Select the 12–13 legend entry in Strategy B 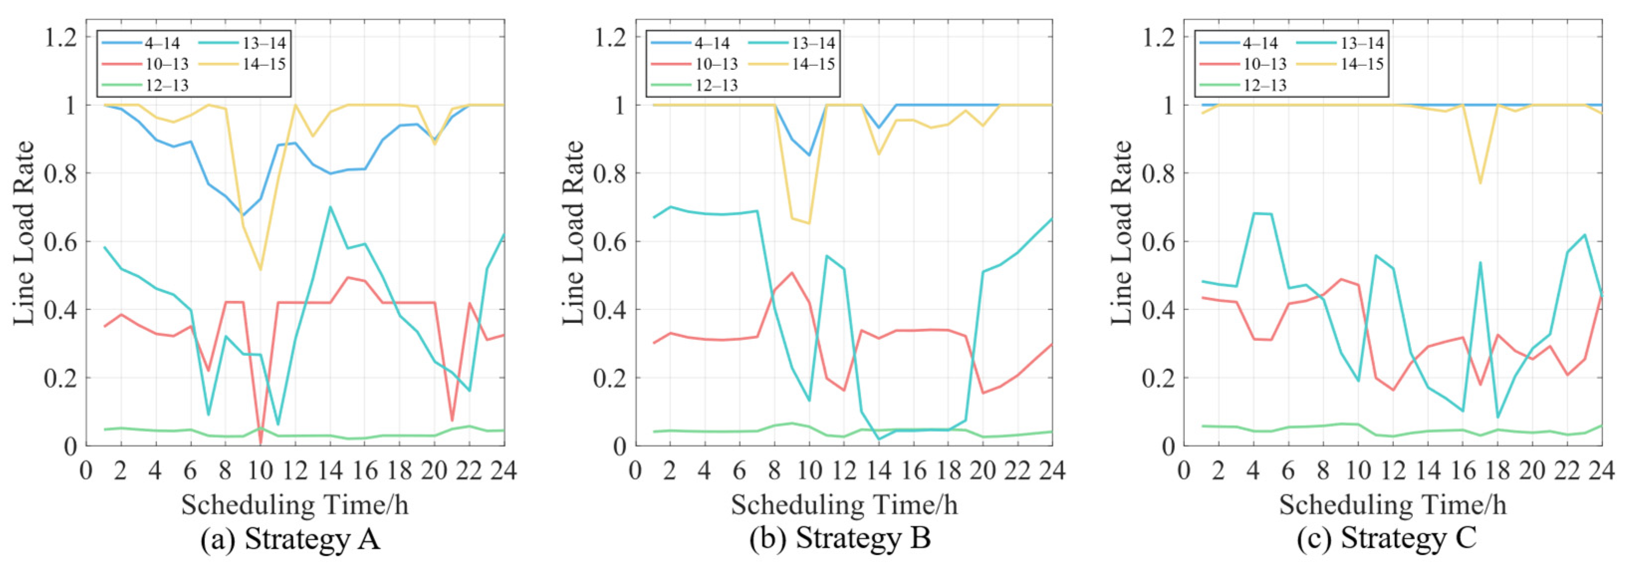click(716, 85)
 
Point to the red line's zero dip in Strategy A click(260, 444)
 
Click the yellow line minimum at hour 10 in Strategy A click(260, 270)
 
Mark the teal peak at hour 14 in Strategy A click(330, 207)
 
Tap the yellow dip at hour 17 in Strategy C click(1480, 183)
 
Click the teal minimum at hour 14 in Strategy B click(878, 439)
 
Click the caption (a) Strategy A click(290, 539)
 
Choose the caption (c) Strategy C click(1387, 539)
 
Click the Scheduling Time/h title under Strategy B click(844, 505)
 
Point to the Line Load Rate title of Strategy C click(1122, 233)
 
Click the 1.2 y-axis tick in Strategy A click(60, 37)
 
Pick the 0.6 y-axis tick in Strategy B click(610, 242)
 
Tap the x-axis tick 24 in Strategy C click(1602, 470)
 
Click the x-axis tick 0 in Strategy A click(86, 470)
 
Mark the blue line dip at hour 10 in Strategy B click(809, 155)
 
